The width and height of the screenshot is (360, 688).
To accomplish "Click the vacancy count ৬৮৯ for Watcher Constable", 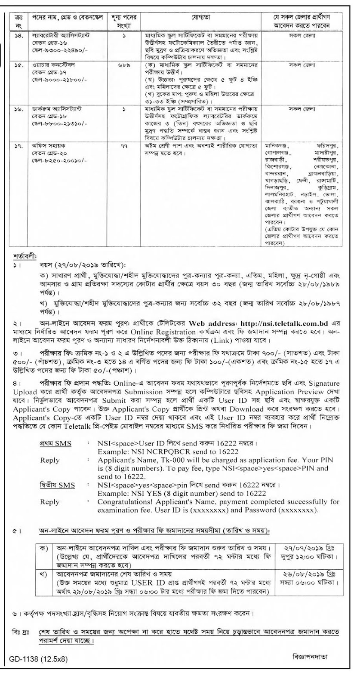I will click(124, 65).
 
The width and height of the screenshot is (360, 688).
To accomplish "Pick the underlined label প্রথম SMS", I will click(56, 444).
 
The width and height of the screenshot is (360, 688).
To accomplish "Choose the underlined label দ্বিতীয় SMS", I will click(57, 485).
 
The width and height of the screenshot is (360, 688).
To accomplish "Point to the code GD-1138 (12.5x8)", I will click(39, 659).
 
